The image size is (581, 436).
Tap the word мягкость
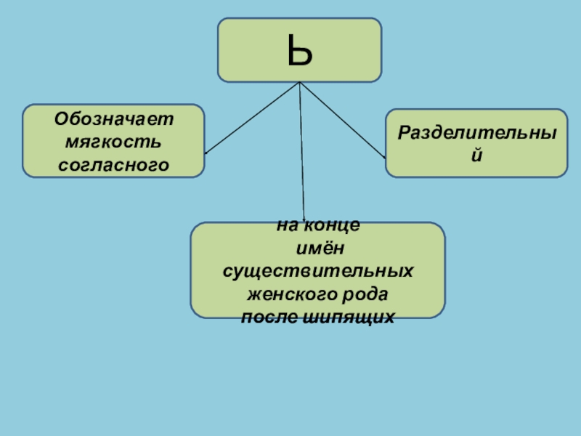pos(113,141)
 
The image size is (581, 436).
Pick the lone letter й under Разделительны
pos(476,156)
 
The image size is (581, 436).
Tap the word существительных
pos(317,271)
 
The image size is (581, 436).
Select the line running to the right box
pos(341,119)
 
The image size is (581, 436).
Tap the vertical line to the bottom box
pos(301,153)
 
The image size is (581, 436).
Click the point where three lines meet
pos(299,82)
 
